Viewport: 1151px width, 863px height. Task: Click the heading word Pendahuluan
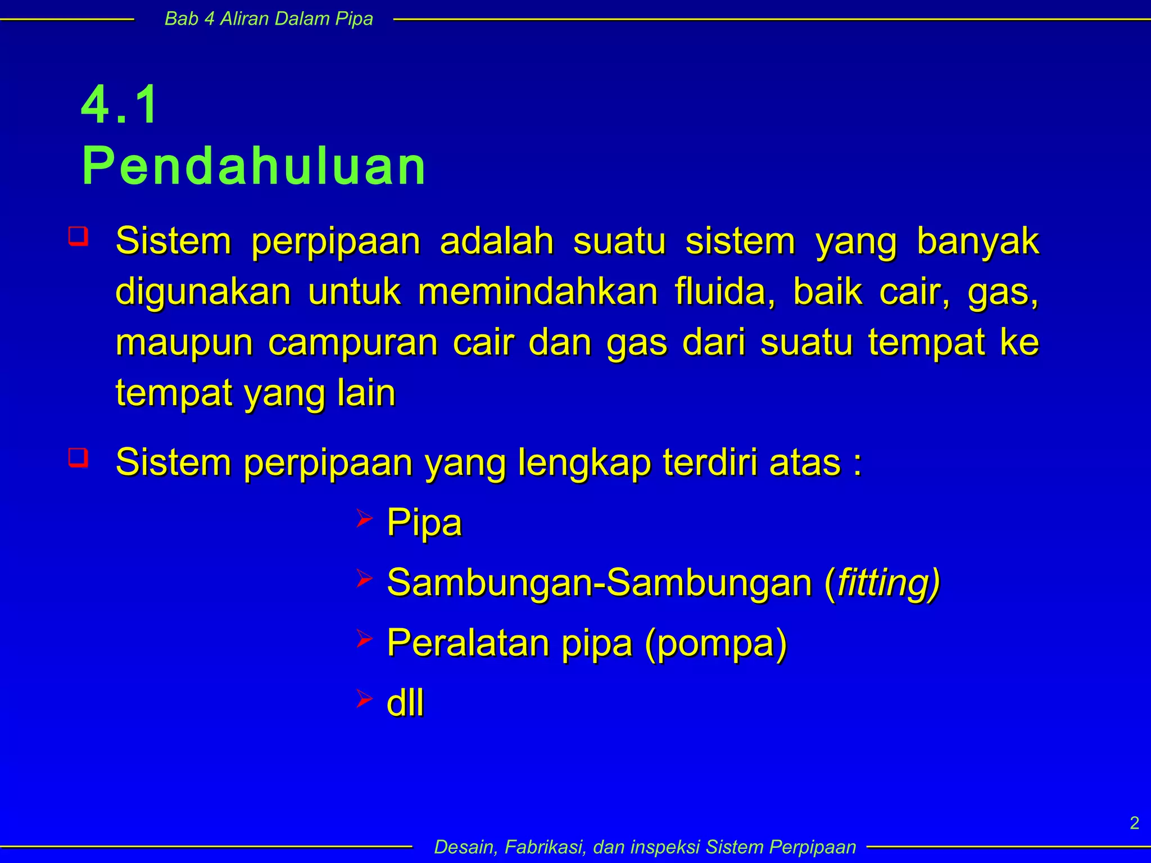click(254, 166)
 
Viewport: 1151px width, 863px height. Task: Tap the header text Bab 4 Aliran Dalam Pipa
click(269, 19)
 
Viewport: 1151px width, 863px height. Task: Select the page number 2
click(1134, 823)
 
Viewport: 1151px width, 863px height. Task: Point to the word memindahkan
click(537, 292)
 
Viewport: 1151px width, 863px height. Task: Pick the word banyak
click(978, 241)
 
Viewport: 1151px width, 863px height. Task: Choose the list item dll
click(405, 703)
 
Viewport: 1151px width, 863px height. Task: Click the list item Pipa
click(424, 523)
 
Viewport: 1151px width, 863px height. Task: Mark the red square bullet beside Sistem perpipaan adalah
click(78, 236)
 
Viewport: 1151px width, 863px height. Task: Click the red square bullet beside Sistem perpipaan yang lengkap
click(78, 457)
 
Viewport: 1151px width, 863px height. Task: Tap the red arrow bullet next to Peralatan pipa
click(364, 639)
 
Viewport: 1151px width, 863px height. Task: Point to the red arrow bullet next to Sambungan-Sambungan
click(364, 579)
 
